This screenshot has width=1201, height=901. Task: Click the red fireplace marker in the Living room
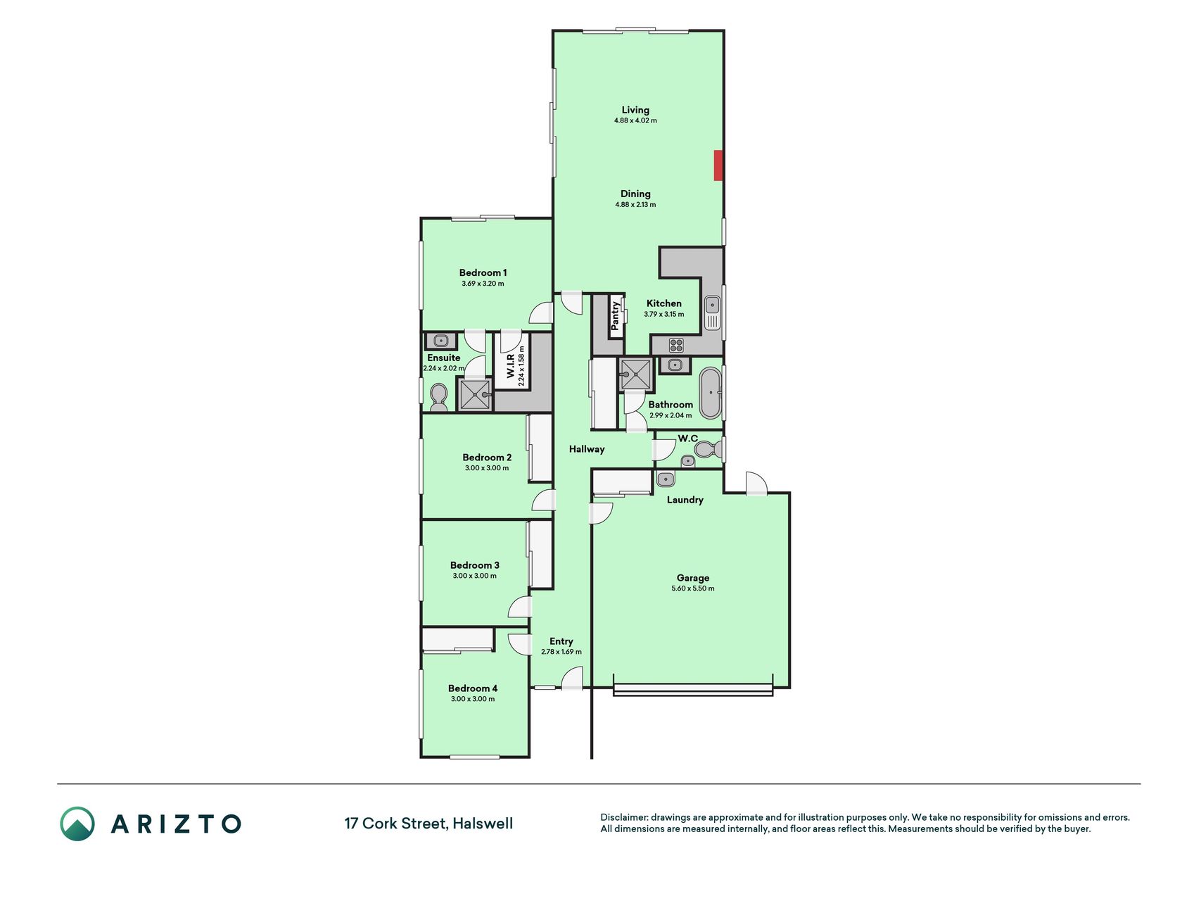718,165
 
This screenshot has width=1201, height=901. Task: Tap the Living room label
635,110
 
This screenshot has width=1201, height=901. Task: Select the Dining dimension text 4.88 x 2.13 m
635,205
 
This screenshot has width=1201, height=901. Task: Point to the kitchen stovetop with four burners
676,345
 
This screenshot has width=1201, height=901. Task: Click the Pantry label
616,316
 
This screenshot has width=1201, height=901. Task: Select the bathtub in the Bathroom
710,393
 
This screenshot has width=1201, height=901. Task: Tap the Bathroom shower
636,374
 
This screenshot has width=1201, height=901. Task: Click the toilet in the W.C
706,448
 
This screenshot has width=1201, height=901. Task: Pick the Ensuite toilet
438,398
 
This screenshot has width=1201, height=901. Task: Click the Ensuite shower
474,394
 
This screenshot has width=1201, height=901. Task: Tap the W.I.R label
511,366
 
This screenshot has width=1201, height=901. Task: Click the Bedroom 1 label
483,272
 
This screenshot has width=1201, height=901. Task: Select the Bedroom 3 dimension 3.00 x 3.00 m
475,576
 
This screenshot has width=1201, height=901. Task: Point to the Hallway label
587,449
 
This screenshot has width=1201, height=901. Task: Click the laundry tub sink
666,479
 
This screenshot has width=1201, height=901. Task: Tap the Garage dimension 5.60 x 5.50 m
693,588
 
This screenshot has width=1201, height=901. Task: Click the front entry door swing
572,679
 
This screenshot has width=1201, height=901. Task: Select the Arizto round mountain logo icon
77,824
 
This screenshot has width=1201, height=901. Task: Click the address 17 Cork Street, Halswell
428,824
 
